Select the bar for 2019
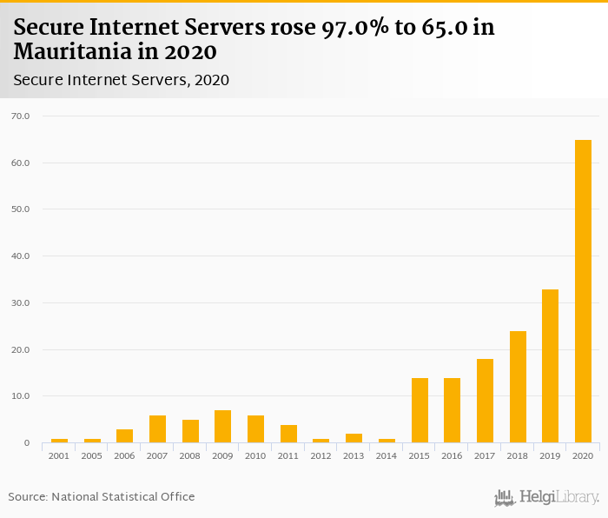pyautogui.click(x=550, y=366)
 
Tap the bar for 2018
pyautogui.click(x=518, y=387)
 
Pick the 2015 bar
pyautogui.click(x=420, y=410)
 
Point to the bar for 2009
pyautogui.click(x=222, y=427)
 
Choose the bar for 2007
pyautogui.click(x=157, y=429)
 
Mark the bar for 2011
pyautogui.click(x=288, y=434)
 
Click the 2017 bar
pyautogui.click(x=485, y=401)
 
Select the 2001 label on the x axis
pyautogui.click(x=59, y=455)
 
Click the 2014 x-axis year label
pyautogui.click(x=387, y=455)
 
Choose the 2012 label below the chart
pyautogui.click(x=321, y=455)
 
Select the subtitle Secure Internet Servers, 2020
pyautogui.click(x=121, y=80)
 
